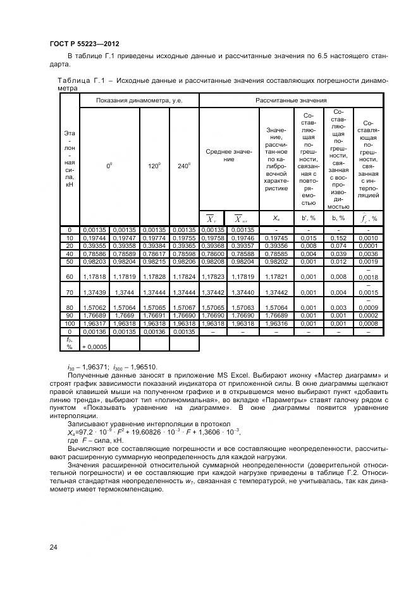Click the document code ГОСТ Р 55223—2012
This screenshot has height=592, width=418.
(84, 44)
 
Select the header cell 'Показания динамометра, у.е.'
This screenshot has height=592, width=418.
(138, 101)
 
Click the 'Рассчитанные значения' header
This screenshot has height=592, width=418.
(291, 101)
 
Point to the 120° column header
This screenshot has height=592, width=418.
(154, 166)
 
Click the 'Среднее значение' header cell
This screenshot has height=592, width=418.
(229, 156)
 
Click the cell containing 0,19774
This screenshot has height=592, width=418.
(154, 238)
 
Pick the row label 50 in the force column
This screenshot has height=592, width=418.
(69, 261)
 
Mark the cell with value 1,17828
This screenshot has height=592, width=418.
(154, 276)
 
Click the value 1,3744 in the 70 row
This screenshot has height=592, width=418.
(125, 293)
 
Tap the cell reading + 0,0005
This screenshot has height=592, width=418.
(94, 347)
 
